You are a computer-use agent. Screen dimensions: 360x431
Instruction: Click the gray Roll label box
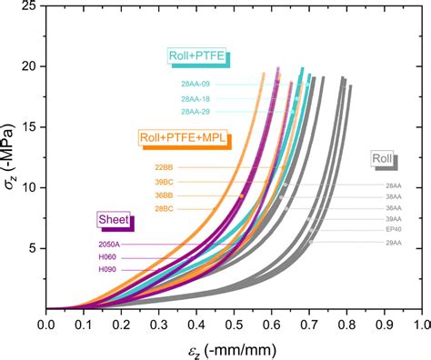[x=382, y=159]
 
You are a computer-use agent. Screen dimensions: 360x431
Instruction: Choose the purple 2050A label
[x=109, y=245]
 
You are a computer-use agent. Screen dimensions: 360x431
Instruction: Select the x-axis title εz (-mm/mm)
[x=234, y=347]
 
